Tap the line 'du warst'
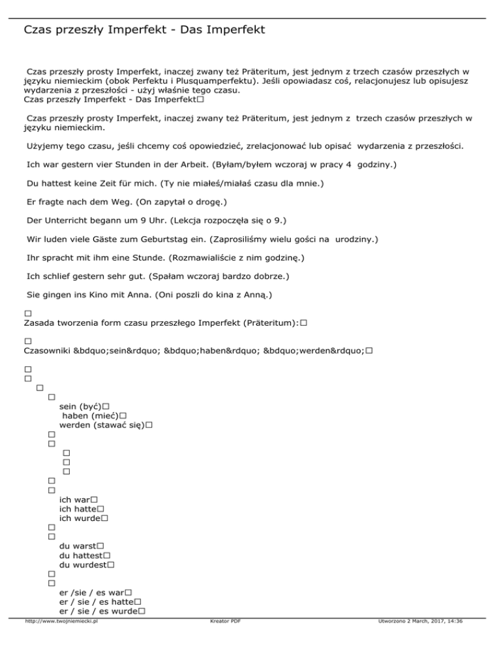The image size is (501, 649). (x=77, y=545)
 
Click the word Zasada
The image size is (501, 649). (x=40, y=323)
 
